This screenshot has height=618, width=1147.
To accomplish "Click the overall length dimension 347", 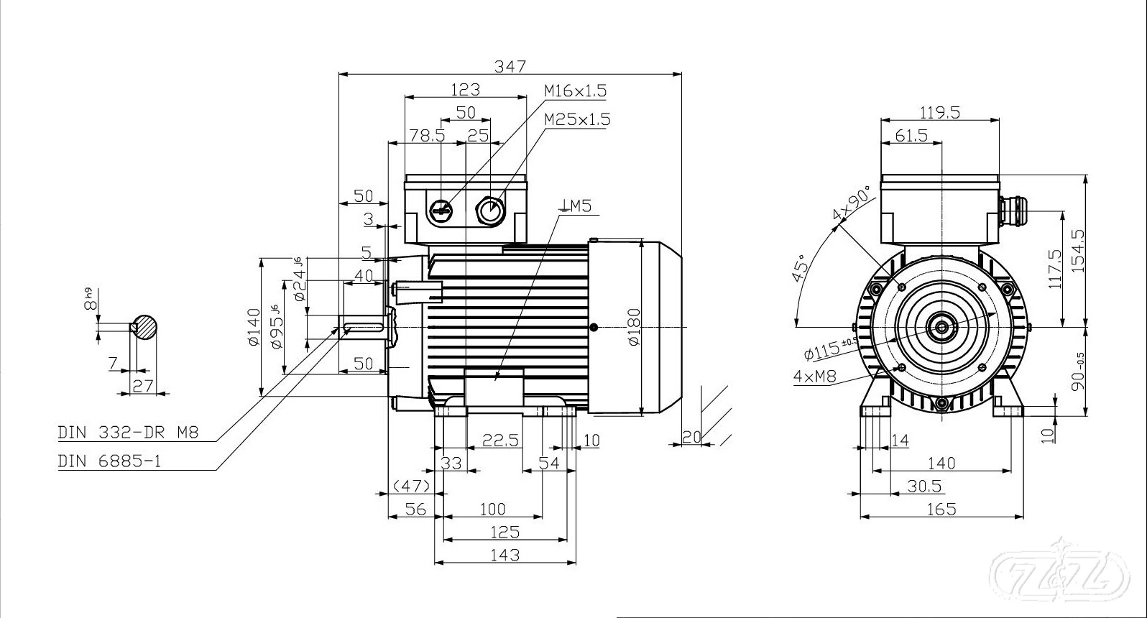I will [510, 66].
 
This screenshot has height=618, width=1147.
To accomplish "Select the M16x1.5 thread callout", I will [575, 91].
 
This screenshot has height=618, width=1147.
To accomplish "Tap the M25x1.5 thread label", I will [576, 119].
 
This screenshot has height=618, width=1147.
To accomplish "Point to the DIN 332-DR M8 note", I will [128, 433].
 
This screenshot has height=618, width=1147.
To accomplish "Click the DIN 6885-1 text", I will [109, 461].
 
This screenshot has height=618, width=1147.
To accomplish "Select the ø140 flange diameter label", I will [253, 327].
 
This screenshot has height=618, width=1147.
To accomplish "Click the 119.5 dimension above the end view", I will [939, 112].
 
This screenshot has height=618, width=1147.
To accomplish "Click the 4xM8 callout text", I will [815, 376].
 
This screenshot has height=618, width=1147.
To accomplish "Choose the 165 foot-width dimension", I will [941, 509].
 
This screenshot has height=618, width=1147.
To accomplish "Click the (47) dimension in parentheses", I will [411, 486].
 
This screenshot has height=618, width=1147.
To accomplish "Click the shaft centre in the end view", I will [941, 328].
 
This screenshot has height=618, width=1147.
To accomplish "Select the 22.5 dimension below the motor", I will [500, 440].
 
